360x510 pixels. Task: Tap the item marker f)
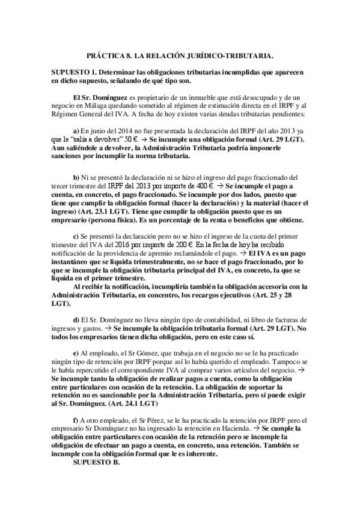coord(75,419)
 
